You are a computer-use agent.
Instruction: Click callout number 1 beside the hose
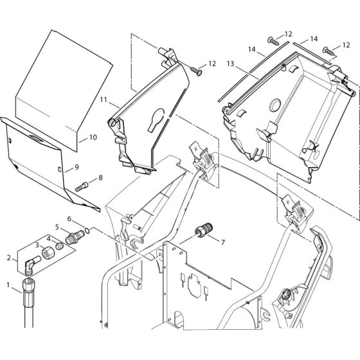click(x=8, y=283)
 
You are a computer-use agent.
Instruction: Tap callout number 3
click(x=37, y=246)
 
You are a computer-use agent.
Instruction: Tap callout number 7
click(x=222, y=242)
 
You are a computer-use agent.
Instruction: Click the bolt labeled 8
click(x=84, y=187)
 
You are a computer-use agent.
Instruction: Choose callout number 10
click(x=93, y=137)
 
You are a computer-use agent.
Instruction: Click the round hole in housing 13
click(x=276, y=104)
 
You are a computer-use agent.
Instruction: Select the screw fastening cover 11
click(x=195, y=71)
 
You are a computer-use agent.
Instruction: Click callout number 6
click(x=69, y=219)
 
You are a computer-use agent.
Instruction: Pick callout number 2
click(x=8, y=258)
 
